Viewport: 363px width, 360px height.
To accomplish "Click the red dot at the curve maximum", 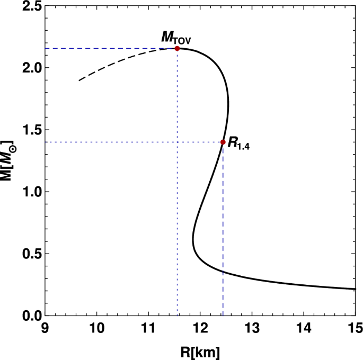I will pyautogui.click(x=177, y=48).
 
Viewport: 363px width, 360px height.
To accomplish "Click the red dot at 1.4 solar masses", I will pyautogui.click(x=223, y=142).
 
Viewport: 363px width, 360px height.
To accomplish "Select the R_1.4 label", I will pyautogui.click(x=238, y=143).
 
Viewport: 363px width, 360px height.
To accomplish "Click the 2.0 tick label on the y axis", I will pyautogui.click(x=30, y=68).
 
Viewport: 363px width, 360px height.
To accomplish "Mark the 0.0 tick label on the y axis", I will pyautogui.click(x=30, y=316).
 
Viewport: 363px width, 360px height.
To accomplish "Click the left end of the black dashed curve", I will pyautogui.click(x=79, y=80).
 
